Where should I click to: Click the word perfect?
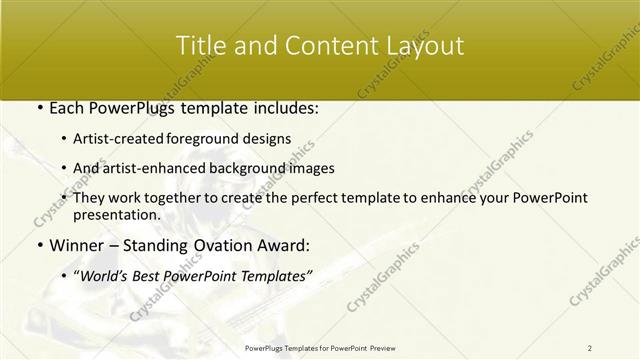pyautogui.click(x=310, y=198)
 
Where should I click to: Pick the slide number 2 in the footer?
pyautogui.click(x=590, y=347)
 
